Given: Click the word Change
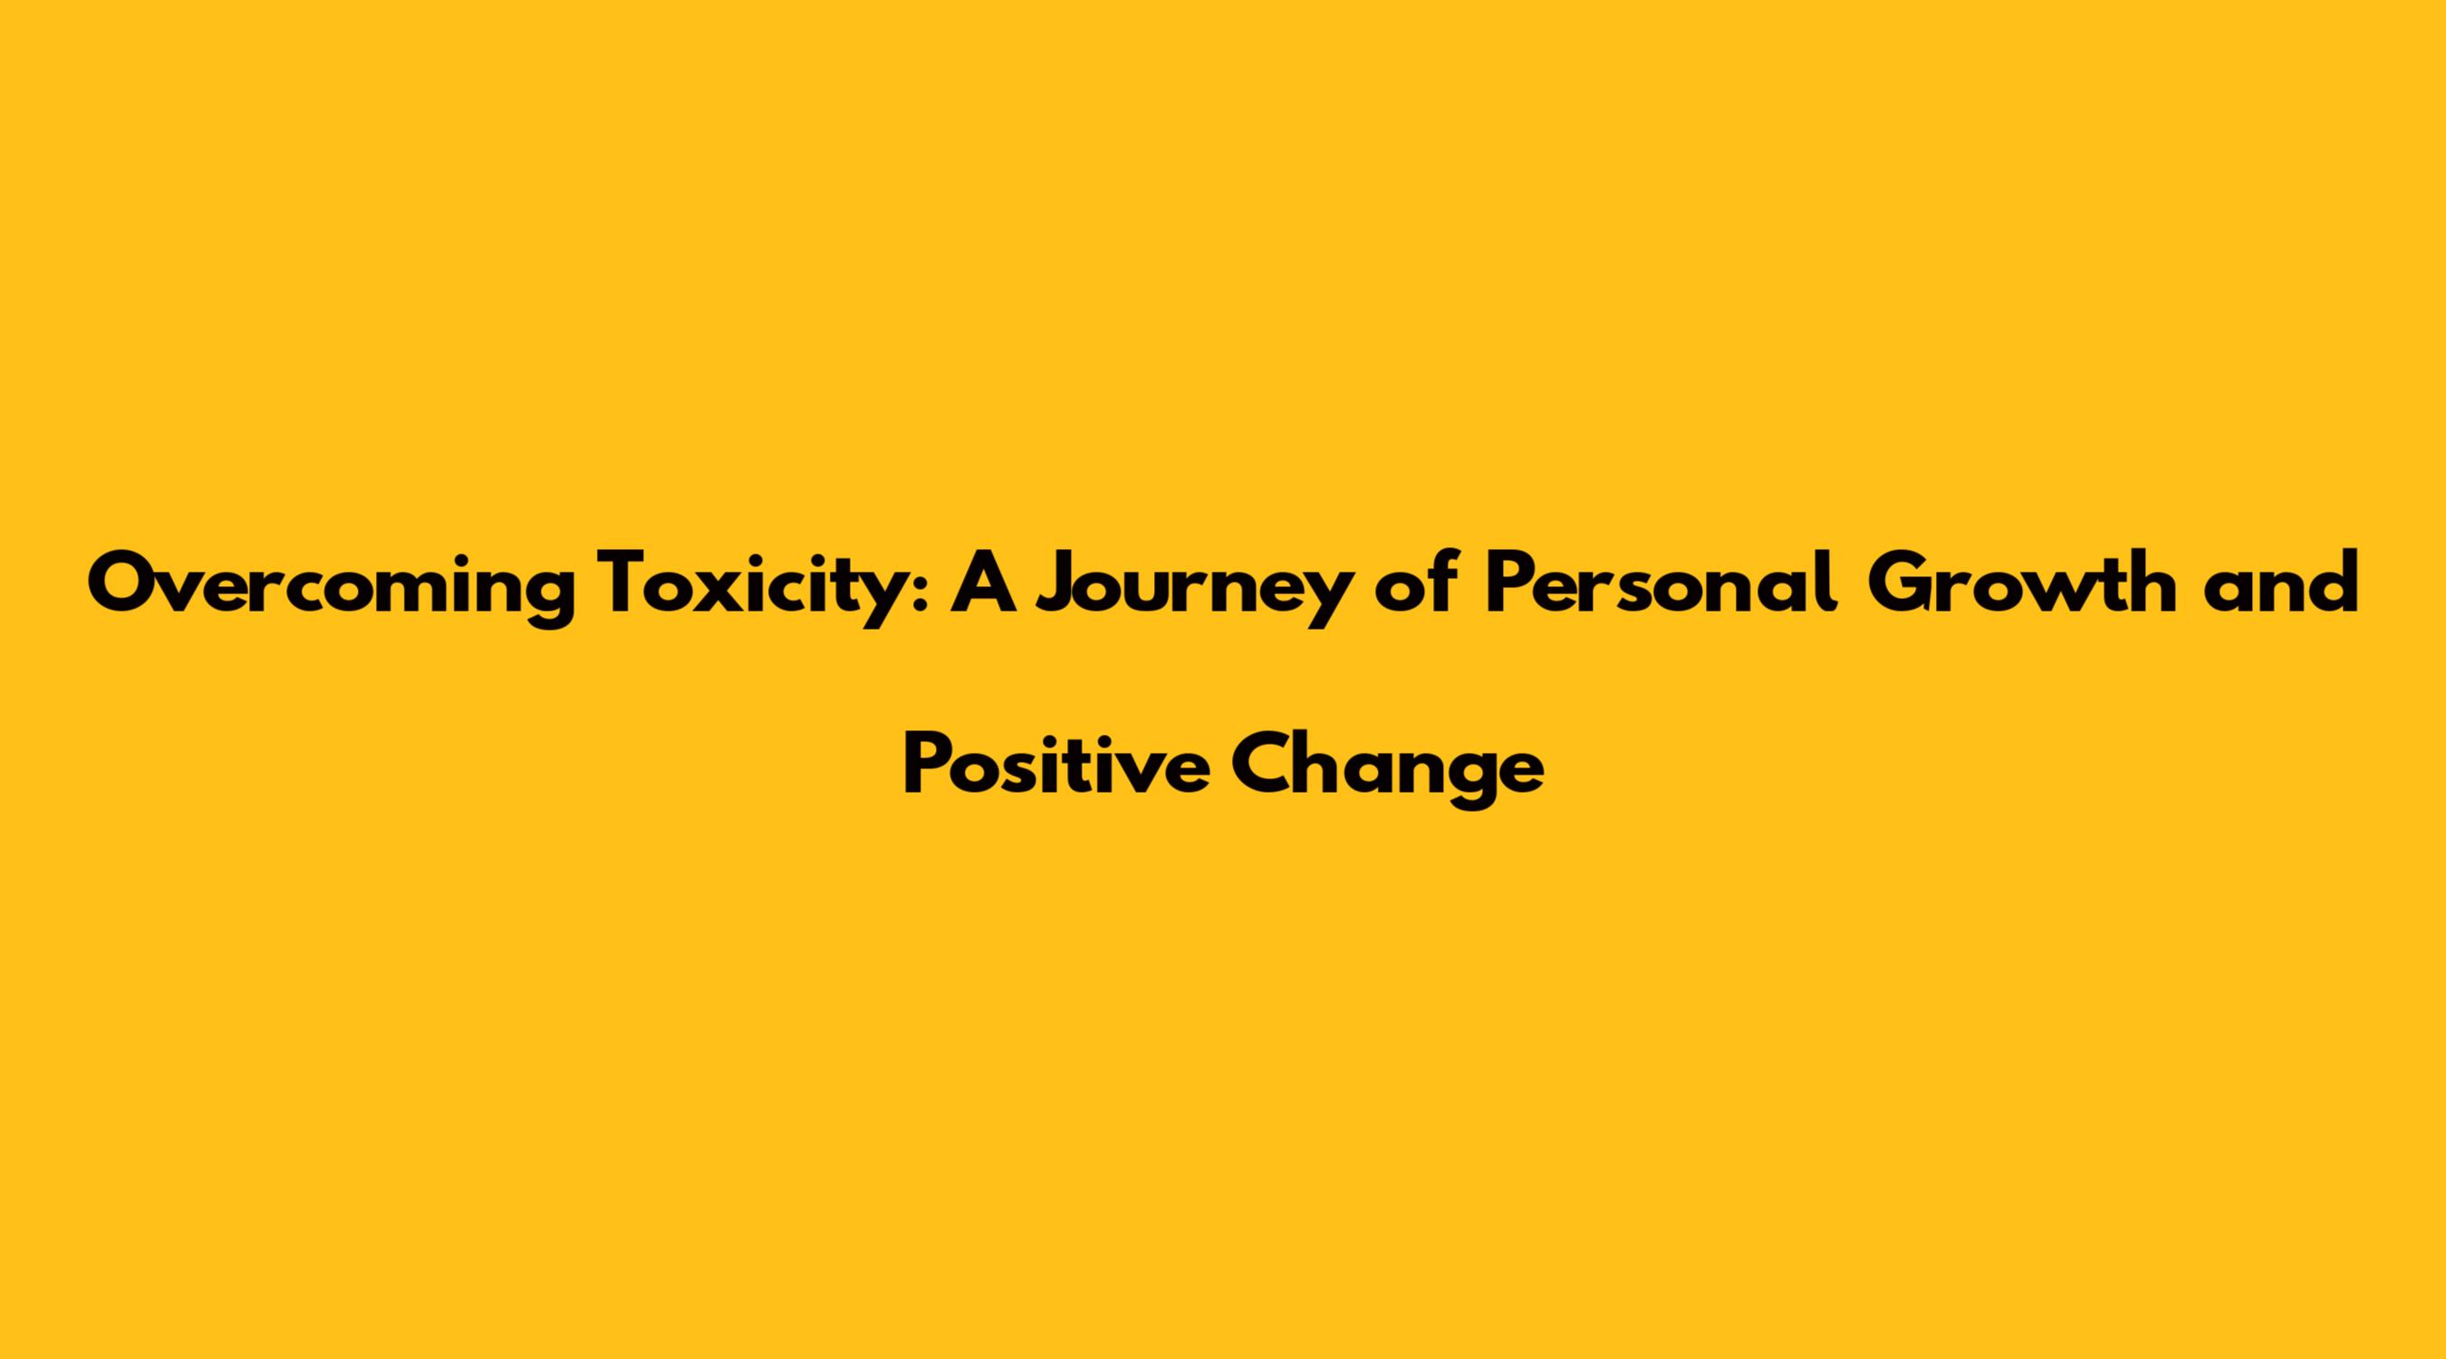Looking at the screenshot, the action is [1387, 770].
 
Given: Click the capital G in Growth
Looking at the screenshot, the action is [1899, 583].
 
